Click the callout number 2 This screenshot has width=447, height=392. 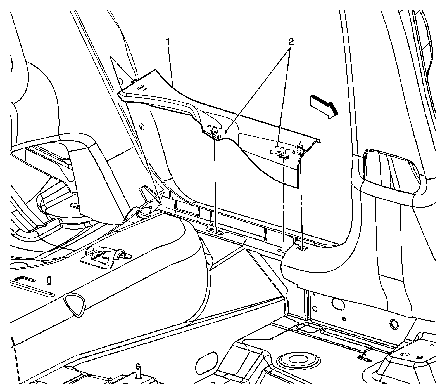[x=291, y=42]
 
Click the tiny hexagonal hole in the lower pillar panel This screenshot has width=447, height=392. [x=344, y=319]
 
